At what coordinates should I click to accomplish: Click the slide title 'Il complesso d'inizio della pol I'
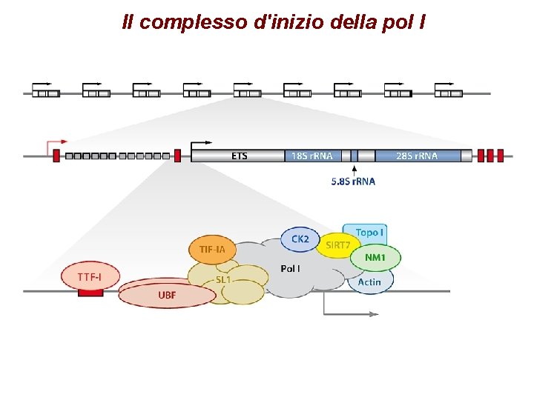[x=274, y=23]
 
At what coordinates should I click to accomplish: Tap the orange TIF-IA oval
[x=212, y=250]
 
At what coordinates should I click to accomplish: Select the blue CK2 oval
[x=300, y=239]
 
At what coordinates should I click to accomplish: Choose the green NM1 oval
[x=375, y=258]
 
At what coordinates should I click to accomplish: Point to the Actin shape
[x=370, y=281]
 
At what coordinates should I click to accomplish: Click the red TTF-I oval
[x=90, y=277]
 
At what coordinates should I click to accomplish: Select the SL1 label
[x=223, y=279]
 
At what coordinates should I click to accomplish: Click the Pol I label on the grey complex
[x=290, y=268]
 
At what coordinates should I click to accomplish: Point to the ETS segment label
[x=239, y=156]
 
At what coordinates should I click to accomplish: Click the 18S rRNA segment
[x=312, y=156]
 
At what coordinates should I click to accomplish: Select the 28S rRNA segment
[x=417, y=156]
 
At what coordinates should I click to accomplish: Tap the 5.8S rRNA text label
[x=353, y=181]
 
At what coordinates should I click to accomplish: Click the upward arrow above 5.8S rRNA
[x=354, y=170]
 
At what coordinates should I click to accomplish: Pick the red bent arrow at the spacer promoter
[x=56, y=142]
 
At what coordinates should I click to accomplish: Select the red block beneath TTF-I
[x=90, y=293]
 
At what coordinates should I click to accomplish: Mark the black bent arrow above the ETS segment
[x=200, y=143]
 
